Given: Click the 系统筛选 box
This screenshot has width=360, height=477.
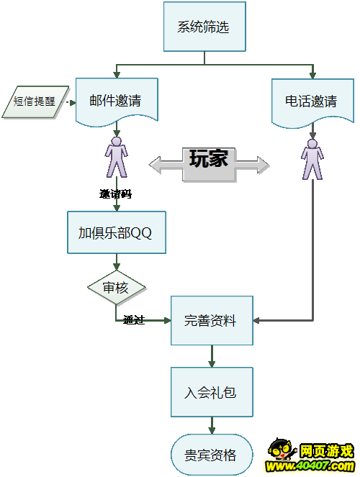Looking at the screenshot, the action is point(204,27).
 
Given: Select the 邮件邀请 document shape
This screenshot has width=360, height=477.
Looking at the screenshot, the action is point(117,101).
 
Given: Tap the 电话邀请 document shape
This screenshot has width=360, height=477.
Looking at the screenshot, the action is point(312,102).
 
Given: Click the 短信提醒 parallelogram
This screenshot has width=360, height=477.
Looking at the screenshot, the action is point(35,101).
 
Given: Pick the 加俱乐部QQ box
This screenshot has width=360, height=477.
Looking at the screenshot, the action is point(117,232).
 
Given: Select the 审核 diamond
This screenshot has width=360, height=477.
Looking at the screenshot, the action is point(116,288).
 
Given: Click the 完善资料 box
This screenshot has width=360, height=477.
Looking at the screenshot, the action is point(212,320).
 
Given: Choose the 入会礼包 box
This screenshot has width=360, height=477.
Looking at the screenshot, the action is point(212,392).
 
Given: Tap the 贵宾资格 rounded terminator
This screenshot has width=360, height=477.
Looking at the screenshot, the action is point(212,455).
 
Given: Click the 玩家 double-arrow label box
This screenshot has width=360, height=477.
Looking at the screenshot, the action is point(209,165).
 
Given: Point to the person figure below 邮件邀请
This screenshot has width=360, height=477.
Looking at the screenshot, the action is point(116,157).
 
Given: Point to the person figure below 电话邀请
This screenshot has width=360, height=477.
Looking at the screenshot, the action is point(312,159).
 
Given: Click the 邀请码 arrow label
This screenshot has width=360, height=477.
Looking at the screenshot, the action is point(116,194).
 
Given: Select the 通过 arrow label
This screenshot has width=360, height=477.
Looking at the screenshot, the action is point(134,319).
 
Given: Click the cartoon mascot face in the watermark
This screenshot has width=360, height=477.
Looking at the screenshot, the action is point(281,450).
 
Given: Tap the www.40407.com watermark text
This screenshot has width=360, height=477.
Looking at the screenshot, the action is point(310,466).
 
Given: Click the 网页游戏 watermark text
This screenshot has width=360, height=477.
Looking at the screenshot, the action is point(327,451).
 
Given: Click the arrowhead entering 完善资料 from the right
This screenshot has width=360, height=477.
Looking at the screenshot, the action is point(256,320).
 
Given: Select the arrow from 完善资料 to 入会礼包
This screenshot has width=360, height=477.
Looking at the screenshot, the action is point(212,356).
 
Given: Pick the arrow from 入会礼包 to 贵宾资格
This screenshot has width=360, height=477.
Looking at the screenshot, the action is point(212,425).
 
